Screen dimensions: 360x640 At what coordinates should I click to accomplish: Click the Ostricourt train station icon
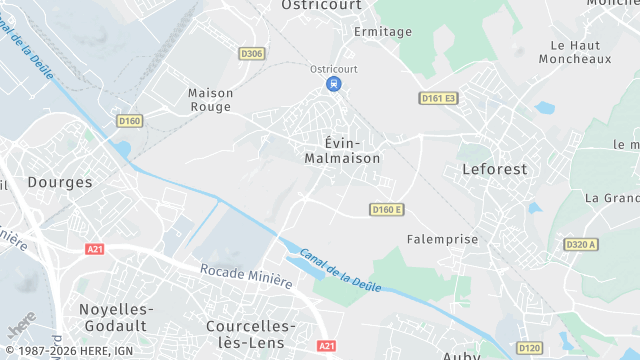[333, 84]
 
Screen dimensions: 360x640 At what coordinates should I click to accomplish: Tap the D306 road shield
[252, 54]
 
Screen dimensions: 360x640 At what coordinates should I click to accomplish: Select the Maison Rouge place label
[210, 99]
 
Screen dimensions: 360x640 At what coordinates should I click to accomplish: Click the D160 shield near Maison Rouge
[130, 121]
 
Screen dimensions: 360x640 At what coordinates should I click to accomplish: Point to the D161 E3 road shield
[438, 98]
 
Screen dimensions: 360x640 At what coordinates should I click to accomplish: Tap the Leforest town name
[494, 169]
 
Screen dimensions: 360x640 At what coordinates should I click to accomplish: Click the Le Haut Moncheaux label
[581, 52]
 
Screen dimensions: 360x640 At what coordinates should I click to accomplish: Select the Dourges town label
[60, 182]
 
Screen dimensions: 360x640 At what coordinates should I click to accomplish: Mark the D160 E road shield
[386, 209]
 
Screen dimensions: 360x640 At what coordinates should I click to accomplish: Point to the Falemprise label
[443, 239]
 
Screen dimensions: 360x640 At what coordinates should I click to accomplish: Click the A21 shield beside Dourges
[95, 249]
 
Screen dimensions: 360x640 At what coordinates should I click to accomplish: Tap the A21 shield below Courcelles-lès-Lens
[327, 345]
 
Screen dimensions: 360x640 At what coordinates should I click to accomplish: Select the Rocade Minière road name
[246, 276]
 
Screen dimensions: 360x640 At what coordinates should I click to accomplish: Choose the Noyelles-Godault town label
[113, 317]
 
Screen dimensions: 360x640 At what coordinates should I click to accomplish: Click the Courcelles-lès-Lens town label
[250, 334]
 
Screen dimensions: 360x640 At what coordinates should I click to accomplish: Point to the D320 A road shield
[580, 244]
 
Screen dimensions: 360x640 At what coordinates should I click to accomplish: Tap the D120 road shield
[530, 348]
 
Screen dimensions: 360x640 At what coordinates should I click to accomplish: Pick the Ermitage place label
[383, 31]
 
